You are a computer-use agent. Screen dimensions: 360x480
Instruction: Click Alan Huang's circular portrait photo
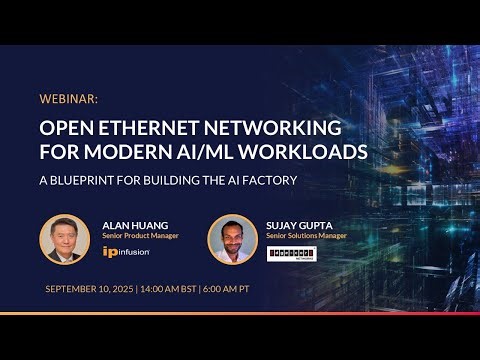tap(64, 239)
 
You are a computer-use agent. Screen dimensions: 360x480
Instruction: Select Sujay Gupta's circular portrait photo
tap(232, 239)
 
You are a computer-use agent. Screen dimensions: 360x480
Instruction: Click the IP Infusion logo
tap(126, 252)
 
